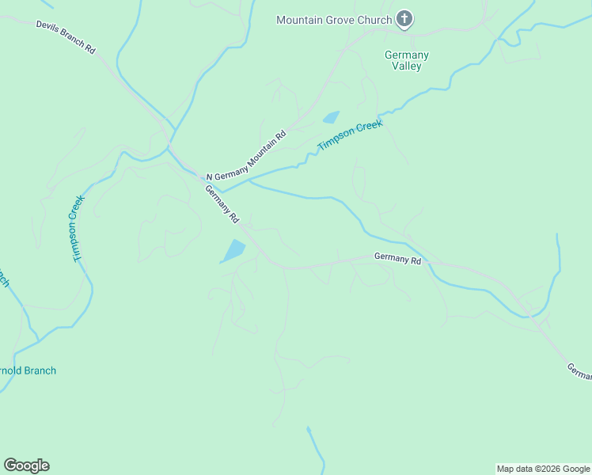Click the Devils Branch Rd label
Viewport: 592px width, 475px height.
(x=66, y=37)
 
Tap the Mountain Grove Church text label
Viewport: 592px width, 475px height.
(x=334, y=20)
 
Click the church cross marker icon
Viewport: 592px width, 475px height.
(x=404, y=19)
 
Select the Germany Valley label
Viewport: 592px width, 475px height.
(x=407, y=61)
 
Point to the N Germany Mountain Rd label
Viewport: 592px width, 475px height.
(x=245, y=155)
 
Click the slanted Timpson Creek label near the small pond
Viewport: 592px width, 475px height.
(x=350, y=135)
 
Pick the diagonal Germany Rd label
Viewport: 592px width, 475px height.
(x=222, y=203)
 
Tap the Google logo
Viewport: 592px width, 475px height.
(x=27, y=465)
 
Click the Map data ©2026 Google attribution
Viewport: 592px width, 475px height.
(x=543, y=469)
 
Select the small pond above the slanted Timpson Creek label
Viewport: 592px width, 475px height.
(x=331, y=118)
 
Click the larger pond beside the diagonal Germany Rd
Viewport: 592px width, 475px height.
(x=233, y=252)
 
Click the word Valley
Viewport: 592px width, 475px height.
(x=407, y=66)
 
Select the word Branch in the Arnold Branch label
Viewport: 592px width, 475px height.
(x=40, y=370)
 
